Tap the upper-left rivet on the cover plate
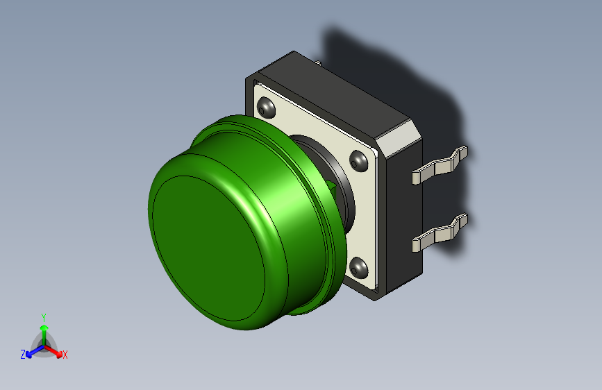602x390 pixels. (265, 108)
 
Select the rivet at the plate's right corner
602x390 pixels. (358, 161)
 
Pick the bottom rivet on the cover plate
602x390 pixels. (358, 266)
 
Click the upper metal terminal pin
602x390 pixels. (440, 167)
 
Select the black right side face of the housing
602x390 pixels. (399, 208)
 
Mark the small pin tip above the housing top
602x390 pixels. (318, 64)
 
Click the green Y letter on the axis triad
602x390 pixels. (43, 316)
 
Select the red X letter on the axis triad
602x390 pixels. (65, 355)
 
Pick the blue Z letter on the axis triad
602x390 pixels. (23, 355)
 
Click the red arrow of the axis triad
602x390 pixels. (56, 350)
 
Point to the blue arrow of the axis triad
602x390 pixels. (32, 352)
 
